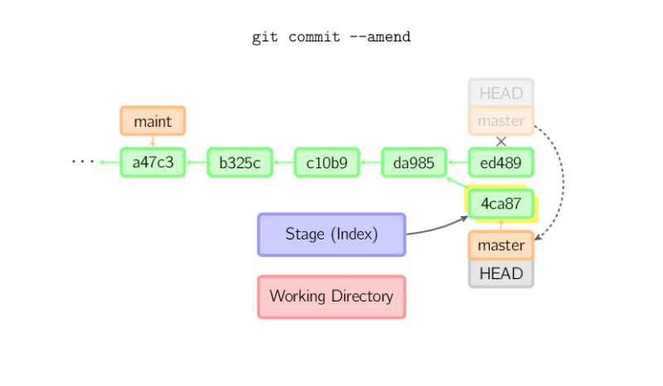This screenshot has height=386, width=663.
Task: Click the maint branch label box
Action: click(153, 121)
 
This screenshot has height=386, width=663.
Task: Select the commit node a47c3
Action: click(153, 162)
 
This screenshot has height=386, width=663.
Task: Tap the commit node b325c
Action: click(240, 162)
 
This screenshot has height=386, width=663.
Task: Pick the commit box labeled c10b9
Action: click(327, 162)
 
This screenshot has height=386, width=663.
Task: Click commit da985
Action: click(414, 162)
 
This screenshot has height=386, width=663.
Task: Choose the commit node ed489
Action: click(501, 162)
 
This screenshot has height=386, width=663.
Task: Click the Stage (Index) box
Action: click(331, 234)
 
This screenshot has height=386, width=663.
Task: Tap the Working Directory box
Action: click(331, 297)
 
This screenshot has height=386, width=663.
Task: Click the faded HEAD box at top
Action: click(501, 92)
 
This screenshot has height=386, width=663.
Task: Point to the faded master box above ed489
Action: click(501, 121)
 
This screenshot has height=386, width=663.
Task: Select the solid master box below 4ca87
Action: click(501, 245)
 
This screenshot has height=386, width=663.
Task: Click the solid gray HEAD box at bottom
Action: click(501, 273)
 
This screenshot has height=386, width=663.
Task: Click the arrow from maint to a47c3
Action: click(153, 142)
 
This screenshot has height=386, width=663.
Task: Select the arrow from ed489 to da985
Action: click(458, 162)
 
